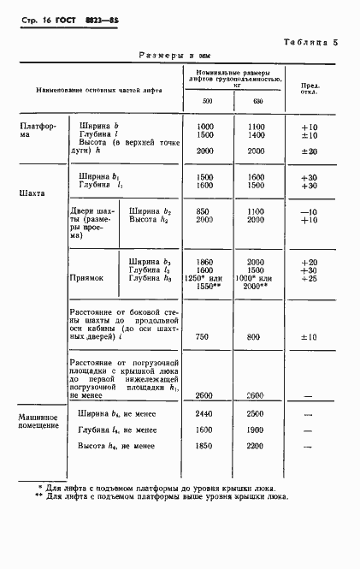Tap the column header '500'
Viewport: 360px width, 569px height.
[207, 103]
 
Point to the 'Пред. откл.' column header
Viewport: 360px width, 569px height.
[309, 89]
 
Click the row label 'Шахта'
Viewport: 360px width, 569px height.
[32, 193]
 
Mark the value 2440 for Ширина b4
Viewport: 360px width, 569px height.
[206, 412]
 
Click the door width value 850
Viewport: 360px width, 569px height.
[206, 210]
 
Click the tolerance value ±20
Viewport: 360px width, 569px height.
[310, 151]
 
